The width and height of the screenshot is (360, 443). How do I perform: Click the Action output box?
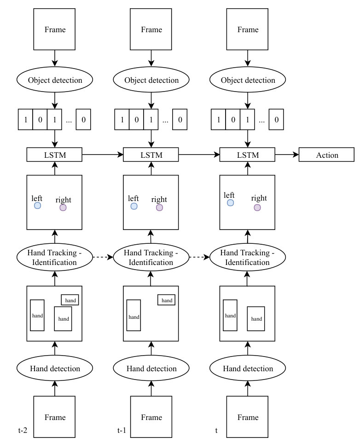click(x=326, y=155)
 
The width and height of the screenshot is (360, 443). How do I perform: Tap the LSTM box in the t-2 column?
click(x=54, y=155)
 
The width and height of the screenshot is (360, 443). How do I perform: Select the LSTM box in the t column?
click(x=247, y=155)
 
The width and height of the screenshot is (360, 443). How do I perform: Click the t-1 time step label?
click(x=122, y=430)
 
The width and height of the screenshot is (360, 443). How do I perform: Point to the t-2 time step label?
click(x=23, y=430)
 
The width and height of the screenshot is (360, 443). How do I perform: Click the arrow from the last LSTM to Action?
click(x=287, y=155)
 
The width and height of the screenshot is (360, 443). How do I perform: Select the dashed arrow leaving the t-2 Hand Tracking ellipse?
click(x=103, y=257)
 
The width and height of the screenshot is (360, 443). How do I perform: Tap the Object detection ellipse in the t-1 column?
click(x=151, y=80)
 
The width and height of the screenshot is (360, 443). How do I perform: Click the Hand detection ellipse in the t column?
click(x=248, y=368)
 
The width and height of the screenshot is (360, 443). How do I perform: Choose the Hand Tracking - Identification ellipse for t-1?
click(x=151, y=257)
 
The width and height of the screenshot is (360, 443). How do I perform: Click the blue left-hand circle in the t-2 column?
click(x=37, y=205)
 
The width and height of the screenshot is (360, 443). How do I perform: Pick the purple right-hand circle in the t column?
click(x=257, y=207)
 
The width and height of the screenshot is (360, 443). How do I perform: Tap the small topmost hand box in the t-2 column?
click(x=70, y=300)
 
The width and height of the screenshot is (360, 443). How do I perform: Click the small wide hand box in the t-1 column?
click(x=166, y=300)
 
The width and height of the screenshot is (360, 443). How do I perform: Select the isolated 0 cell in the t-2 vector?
click(x=83, y=120)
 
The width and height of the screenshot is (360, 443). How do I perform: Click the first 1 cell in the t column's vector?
click(x=218, y=120)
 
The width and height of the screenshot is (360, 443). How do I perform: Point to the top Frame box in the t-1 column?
click(x=151, y=29)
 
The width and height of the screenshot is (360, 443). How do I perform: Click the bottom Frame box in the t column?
click(x=247, y=417)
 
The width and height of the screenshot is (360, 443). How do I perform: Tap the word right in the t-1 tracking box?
click(x=159, y=200)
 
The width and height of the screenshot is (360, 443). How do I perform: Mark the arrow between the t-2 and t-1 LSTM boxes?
click(x=103, y=155)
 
